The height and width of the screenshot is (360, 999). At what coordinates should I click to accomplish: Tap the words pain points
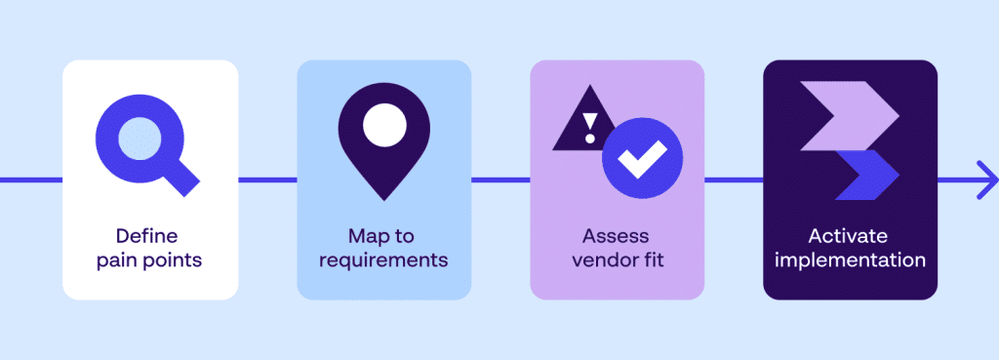click(150, 260)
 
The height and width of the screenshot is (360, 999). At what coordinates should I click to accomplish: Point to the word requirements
click(383, 260)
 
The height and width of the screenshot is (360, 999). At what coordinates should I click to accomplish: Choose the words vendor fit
click(617, 260)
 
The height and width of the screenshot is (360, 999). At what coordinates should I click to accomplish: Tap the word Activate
click(850, 236)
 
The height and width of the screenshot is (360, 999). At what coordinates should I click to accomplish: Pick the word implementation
click(850, 260)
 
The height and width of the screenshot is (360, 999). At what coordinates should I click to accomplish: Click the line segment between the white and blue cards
click(267, 180)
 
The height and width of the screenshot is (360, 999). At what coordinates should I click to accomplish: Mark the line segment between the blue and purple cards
click(500, 180)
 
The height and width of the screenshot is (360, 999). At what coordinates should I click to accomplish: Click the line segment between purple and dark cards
click(734, 180)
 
